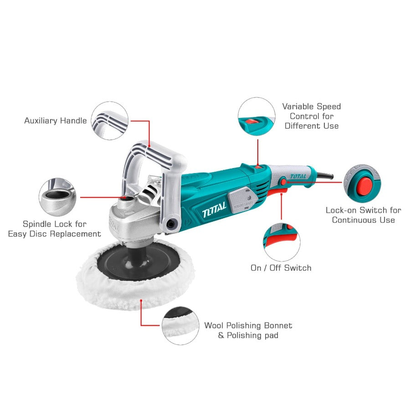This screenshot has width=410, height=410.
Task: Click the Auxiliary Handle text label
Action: [x=56, y=121]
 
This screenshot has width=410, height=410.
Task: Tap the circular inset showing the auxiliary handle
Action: [x=110, y=121]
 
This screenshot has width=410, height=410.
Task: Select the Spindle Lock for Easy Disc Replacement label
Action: [x=55, y=229]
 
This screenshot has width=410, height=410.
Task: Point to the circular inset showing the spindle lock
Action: [x=58, y=197]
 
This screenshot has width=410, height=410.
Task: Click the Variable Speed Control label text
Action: [x=312, y=116]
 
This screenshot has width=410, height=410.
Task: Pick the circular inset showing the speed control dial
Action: [x=256, y=117]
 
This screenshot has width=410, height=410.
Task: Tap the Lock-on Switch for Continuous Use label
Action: [x=363, y=215]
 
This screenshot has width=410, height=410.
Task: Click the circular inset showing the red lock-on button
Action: [x=362, y=183]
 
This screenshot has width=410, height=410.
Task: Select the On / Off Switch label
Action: [x=281, y=268]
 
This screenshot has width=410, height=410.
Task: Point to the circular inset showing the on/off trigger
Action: [x=282, y=241]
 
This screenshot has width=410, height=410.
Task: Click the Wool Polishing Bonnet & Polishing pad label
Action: [x=248, y=330]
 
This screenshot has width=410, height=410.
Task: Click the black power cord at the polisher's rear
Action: [x=327, y=176]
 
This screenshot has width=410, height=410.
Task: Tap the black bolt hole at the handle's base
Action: [x=172, y=224]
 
